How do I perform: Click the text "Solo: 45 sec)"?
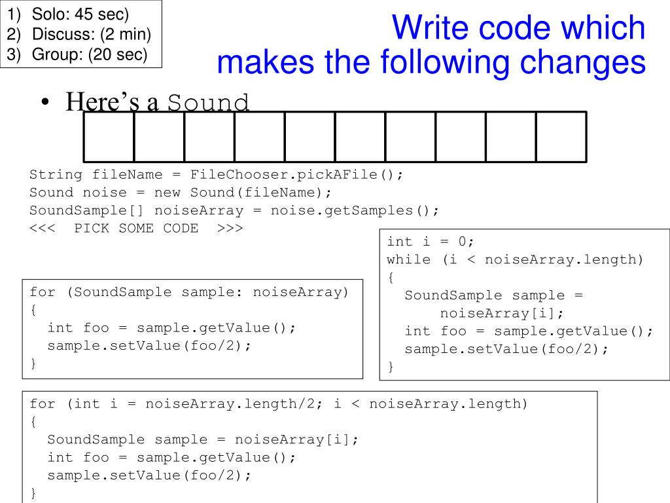point(81,14)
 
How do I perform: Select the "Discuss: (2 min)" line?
point(92,34)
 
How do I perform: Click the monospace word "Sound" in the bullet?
point(209,103)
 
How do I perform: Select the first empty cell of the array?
point(109,137)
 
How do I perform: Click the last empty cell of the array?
point(561,137)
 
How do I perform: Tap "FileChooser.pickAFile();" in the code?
point(298,175)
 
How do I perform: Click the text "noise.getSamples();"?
point(355,210)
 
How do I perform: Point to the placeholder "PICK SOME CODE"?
point(136,228)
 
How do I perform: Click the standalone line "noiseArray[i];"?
point(502,313)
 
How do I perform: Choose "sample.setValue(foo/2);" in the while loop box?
point(506,348)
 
